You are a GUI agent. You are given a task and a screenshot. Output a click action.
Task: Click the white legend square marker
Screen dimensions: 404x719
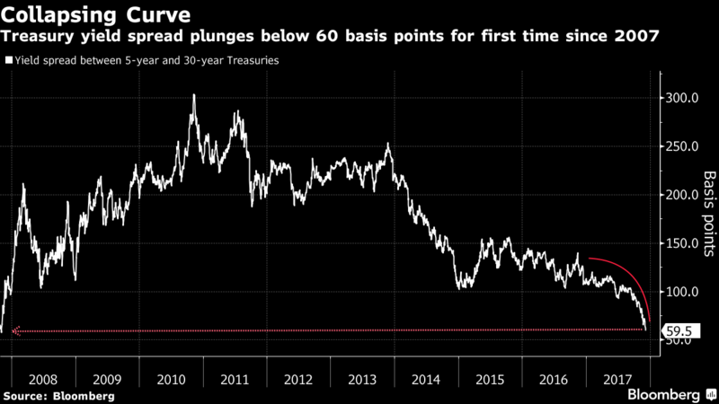8,62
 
